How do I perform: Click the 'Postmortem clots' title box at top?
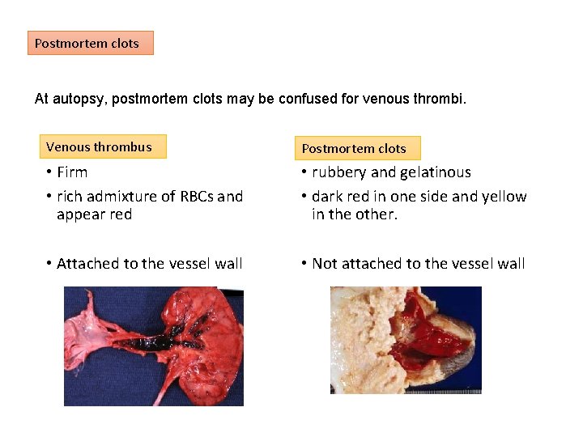click(91, 43)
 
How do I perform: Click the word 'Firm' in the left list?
click(72, 172)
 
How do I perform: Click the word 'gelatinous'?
click(435, 172)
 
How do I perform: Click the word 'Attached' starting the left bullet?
click(86, 264)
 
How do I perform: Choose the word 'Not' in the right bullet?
click(325, 264)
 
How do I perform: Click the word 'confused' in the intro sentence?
click(313, 100)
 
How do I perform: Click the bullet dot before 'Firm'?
click(49, 172)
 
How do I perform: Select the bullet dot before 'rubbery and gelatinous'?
click(304, 172)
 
